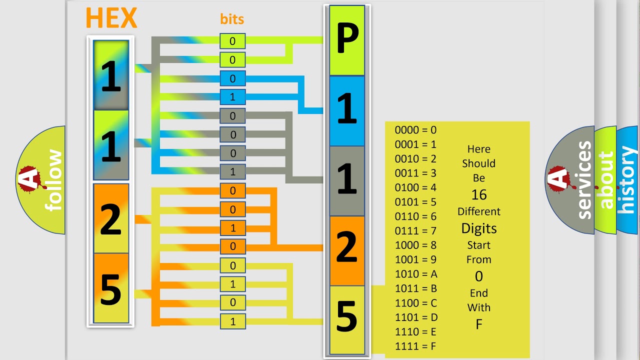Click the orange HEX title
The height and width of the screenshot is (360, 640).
(111, 17)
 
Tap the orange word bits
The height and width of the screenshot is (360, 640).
(232, 19)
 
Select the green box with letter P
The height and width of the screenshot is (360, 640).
(347, 40)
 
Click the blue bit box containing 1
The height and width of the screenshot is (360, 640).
(232, 97)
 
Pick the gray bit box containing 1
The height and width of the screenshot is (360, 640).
(232, 171)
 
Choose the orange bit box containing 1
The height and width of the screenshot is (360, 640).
(232, 228)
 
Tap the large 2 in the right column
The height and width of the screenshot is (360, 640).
(347, 247)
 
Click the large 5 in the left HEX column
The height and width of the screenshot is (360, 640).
(111, 289)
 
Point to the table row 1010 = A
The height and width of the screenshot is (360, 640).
(416, 274)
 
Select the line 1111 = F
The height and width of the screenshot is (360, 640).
(415, 346)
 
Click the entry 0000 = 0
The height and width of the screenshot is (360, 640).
(415, 130)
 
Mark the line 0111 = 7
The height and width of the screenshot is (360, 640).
(415, 230)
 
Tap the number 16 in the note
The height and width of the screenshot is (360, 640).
(479, 195)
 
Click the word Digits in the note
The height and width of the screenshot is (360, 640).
(479, 228)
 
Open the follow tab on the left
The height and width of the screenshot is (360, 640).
(41, 180)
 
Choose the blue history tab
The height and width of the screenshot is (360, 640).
(627, 180)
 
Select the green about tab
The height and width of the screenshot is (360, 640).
(605, 180)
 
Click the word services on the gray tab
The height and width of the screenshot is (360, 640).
(584, 180)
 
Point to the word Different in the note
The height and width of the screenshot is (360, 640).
(479, 211)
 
